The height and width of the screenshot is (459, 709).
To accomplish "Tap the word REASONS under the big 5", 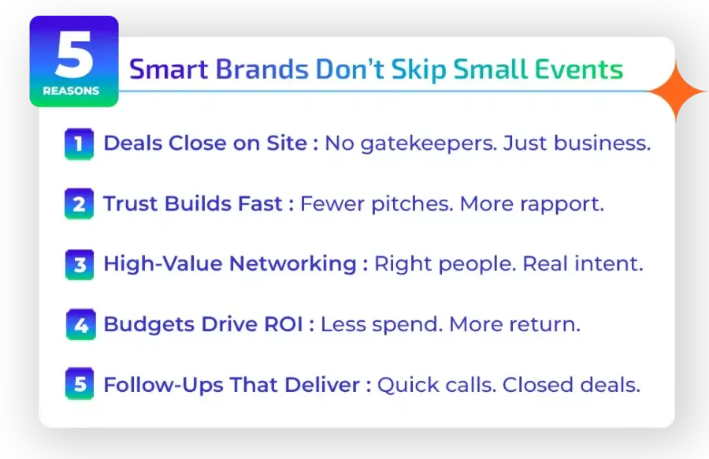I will pyautogui.click(x=72, y=91).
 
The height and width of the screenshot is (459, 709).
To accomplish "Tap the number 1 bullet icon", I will pyautogui.click(x=79, y=144).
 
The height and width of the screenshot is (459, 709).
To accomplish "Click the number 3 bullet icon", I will pyautogui.click(x=79, y=264).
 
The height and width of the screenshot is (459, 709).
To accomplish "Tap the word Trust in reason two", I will pyautogui.click(x=129, y=204).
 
